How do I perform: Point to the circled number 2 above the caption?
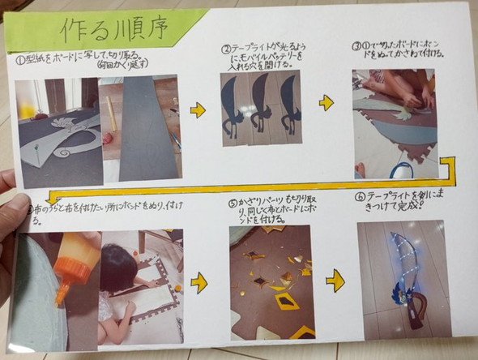point(226,48)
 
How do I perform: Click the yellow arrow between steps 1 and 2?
point(198,109)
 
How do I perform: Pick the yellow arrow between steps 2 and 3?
point(326,103)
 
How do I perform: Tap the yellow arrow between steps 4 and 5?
point(198,282)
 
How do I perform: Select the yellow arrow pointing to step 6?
point(335,281)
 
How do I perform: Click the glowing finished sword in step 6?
point(405,276)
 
